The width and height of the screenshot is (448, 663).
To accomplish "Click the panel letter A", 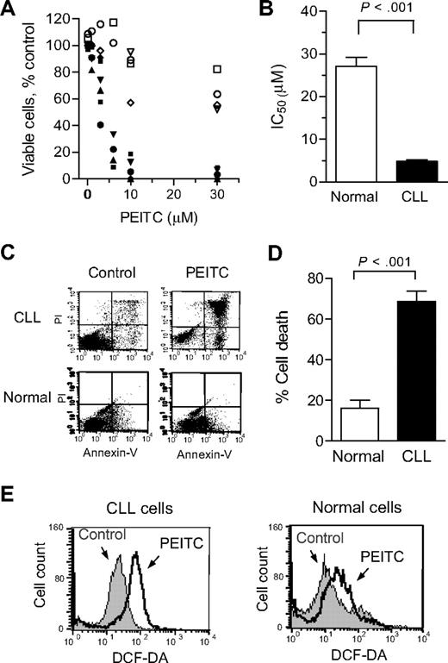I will pyautogui.click(x=9, y=9).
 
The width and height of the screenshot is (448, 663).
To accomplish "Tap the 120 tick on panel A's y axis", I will pyautogui.click(x=64, y=16).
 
